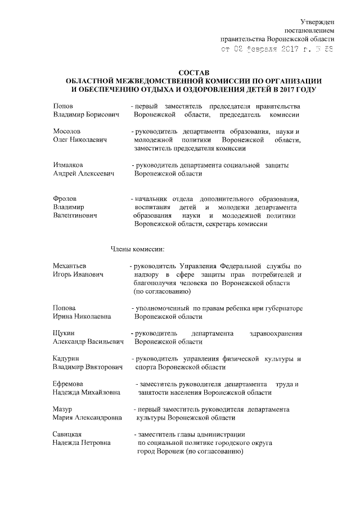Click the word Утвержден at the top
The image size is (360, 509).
317,21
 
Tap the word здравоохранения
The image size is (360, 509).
276,334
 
